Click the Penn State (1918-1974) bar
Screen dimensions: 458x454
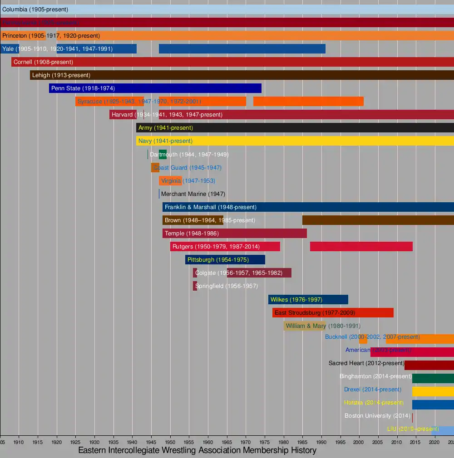(155, 88)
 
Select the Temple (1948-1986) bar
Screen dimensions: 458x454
(234, 234)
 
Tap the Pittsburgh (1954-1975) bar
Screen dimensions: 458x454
(225, 260)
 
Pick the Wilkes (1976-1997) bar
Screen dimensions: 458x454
(308, 299)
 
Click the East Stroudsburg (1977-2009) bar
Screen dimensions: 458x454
(333, 313)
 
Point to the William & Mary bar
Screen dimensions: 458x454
(305, 326)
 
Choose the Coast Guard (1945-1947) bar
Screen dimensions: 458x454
(155, 168)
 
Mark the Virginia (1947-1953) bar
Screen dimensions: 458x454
(170, 181)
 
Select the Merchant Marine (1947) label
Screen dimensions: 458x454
(193, 194)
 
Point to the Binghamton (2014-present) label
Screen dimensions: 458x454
(375, 376)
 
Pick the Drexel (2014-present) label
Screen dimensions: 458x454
(372, 390)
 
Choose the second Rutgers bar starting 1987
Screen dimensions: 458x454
(361, 247)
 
